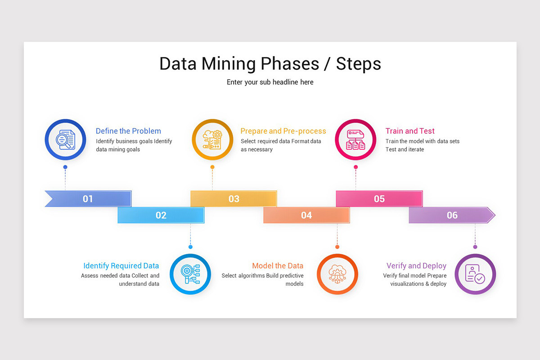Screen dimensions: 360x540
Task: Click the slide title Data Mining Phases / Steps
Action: click(x=270, y=63)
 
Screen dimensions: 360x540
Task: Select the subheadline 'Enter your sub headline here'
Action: click(x=270, y=82)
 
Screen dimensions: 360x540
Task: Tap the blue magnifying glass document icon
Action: click(x=65, y=139)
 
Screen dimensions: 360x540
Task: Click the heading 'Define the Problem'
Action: click(x=128, y=131)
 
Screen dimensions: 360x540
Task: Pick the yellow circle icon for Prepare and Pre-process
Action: click(x=212, y=139)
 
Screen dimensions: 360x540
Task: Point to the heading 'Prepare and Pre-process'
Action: click(x=283, y=131)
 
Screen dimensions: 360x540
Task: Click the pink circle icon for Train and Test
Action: click(x=355, y=139)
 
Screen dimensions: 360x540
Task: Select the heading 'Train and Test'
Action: click(x=410, y=131)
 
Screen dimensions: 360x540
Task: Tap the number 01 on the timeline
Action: click(x=88, y=199)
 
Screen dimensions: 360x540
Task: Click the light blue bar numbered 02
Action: click(x=161, y=215)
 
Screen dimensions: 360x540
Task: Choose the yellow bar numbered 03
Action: click(x=234, y=199)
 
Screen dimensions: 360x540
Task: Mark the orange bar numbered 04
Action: click(x=306, y=215)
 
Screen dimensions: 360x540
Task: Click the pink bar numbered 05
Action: click(x=379, y=199)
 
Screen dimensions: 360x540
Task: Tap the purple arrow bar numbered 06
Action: click(x=452, y=215)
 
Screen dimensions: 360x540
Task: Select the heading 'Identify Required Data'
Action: click(x=121, y=266)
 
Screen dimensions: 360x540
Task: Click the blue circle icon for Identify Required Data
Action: click(x=190, y=274)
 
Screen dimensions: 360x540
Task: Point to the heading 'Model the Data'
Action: click(x=278, y=266)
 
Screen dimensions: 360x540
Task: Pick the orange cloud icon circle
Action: click(x=337, y=274)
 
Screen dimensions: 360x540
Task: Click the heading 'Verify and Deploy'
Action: click(x=416, y=266)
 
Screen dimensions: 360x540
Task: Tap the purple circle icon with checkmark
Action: click(x=475, y=274)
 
